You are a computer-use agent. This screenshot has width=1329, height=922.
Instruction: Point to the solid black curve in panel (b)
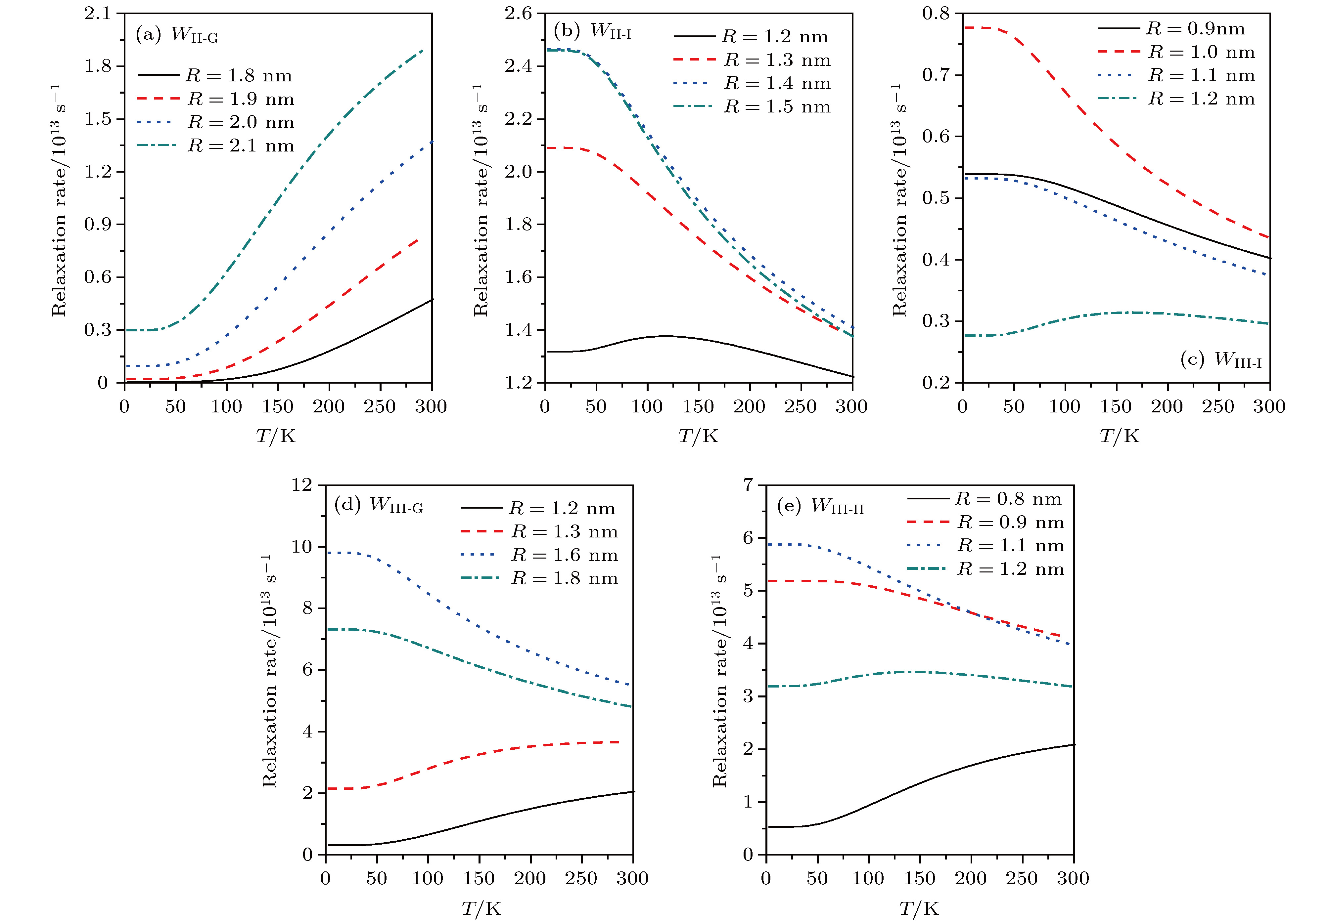click(665, 336)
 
